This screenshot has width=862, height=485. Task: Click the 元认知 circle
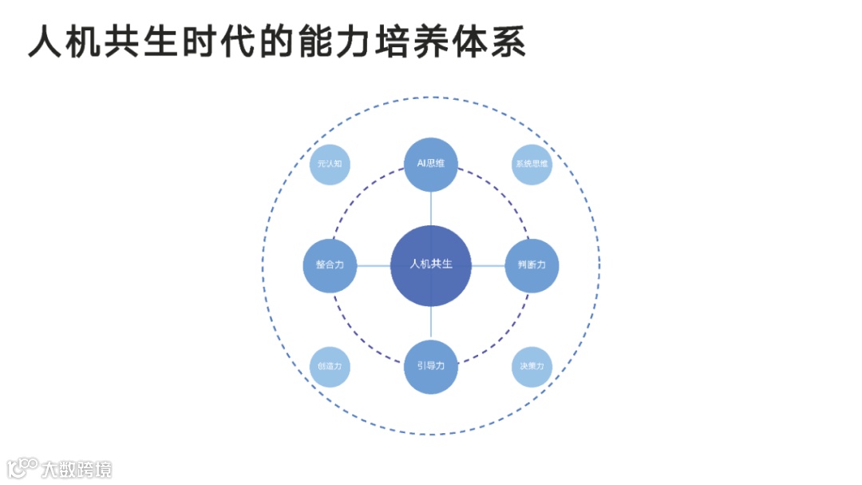[330, 164]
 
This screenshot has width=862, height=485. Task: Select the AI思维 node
[431, 164]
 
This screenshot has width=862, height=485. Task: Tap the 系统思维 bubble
[532, 164]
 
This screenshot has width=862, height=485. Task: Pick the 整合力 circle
[330, 265]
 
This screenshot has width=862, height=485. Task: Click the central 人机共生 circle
[431, 265]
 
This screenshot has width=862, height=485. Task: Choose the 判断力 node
[532, 265]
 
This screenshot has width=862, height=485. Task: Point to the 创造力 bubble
[330, 367]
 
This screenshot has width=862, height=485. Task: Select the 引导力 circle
[431, 367]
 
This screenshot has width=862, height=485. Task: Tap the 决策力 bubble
[532, 367]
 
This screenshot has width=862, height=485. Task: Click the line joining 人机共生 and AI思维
[431, 208]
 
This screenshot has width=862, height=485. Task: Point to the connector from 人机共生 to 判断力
[488, 265]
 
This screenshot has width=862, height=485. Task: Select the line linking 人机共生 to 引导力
[431, 323]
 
